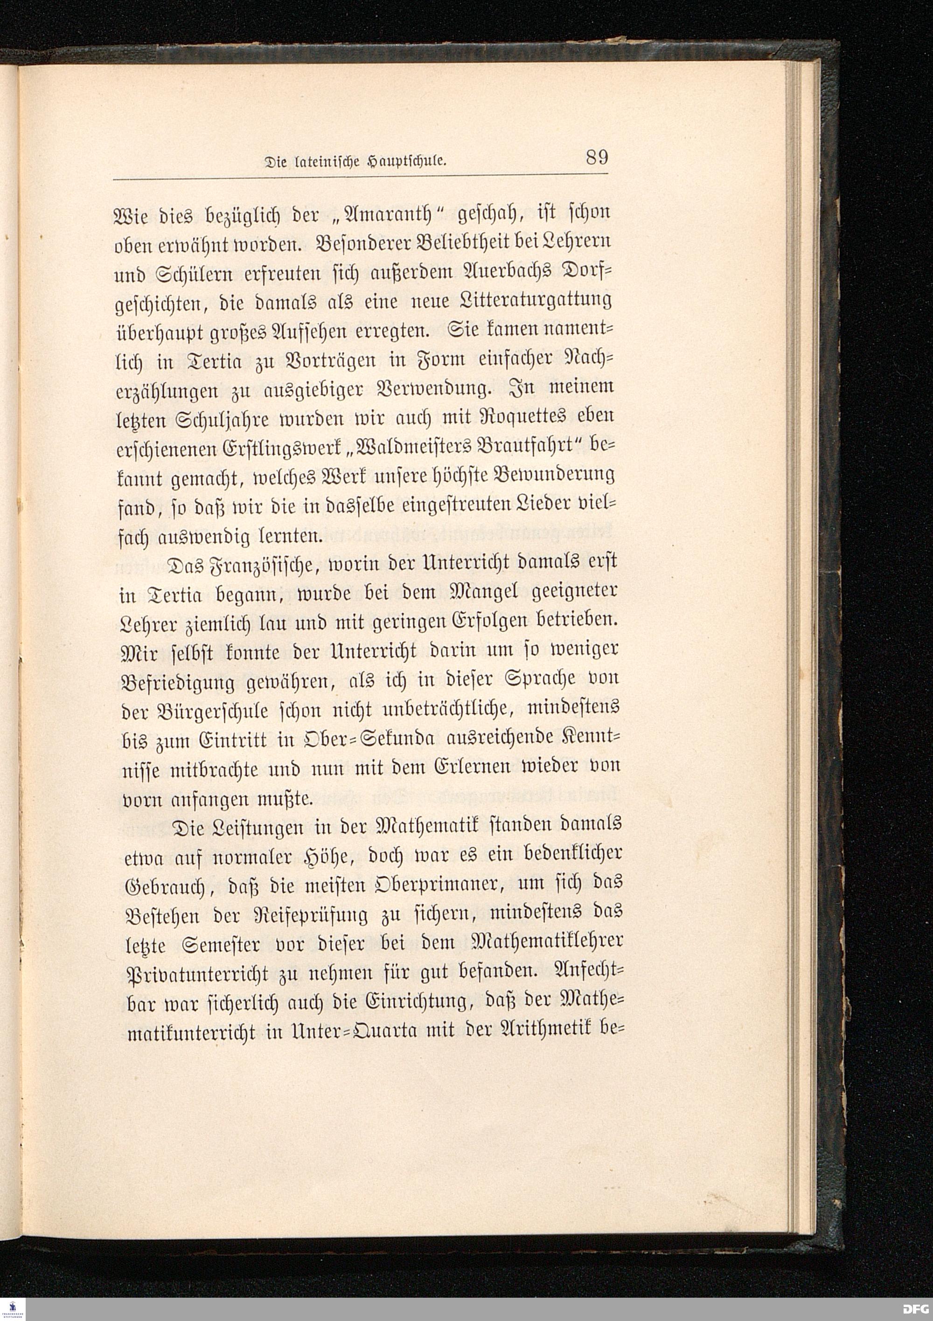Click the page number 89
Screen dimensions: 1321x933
pyautogui.click(x=597, y=158)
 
